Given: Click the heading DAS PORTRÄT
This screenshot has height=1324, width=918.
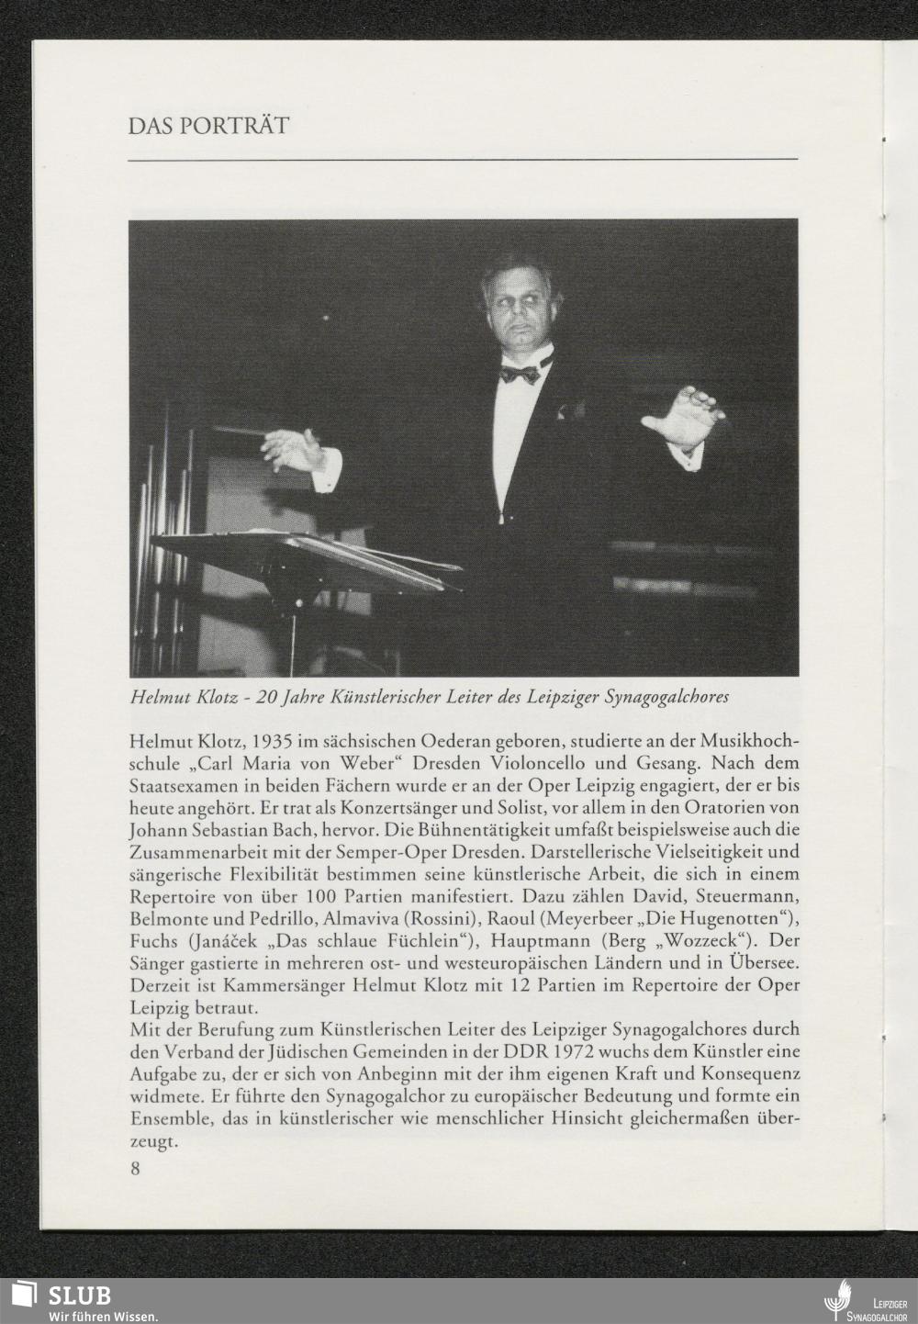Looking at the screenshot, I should [x=209, y=126].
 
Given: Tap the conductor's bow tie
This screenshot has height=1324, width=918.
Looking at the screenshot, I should [x=520, y=373].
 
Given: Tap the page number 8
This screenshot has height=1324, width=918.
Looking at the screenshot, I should [x=136, y=1168].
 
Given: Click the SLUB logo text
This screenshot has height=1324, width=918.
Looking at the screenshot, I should [x=79, y=1295].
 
